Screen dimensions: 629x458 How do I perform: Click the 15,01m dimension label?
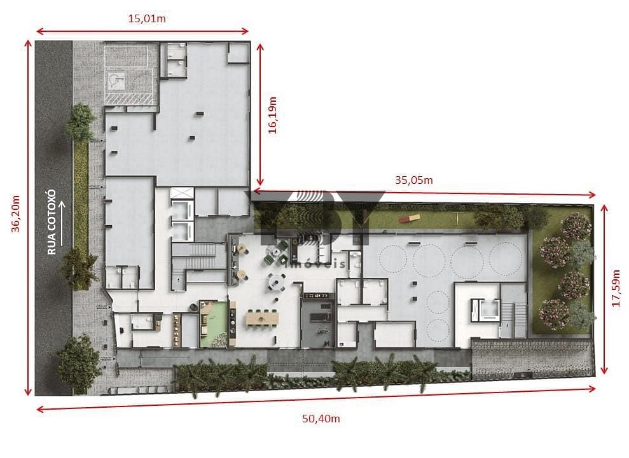tap(147, 18)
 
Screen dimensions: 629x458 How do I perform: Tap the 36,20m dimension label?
tap(16, 214)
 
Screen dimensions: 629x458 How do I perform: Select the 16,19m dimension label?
tap(272, 114)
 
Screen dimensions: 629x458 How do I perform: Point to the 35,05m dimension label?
tap(414, 180)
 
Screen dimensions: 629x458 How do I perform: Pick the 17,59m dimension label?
tap(616, 288)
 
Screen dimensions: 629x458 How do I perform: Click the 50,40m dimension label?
tap(321, 419)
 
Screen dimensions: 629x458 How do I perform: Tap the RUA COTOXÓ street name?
tap(52, 222)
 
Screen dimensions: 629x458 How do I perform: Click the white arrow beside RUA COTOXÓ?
tap(62, 223)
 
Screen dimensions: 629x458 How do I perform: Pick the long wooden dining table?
tap(263, 319)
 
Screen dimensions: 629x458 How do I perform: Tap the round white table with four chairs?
tap(277, 282)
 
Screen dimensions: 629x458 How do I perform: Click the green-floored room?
tap(213, 324)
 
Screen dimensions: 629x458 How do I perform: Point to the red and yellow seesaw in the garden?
tap(410, 218)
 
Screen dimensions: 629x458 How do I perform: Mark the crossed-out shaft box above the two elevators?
tap(182, 193)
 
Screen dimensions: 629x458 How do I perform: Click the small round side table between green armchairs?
tap(275, 253)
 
